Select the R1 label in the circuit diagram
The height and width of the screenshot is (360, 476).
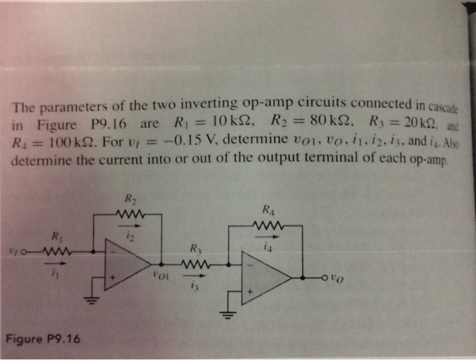[x=56, y=237]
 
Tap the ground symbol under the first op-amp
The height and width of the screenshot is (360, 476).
[x=88, y=299]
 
